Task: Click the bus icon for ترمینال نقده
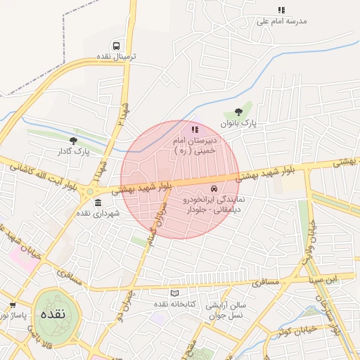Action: click(x=116, y=45)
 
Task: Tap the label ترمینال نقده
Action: click(x=116, y=56)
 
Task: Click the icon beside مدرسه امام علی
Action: click(x=281, y=11)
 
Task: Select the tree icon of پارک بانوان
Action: click(x=240, y=111)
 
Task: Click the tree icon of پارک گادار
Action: click(x=73, y=141)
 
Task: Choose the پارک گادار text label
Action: click(x=73, y=151)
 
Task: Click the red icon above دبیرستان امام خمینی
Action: click(x=195, y=129)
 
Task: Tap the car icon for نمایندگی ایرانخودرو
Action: click(x=212, y=189)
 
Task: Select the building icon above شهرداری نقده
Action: click(x=96, y=203)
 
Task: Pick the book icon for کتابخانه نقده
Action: click(x=174, y=293)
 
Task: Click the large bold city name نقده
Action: click(x=53, y=313)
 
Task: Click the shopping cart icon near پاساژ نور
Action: click(x=13, y=305)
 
